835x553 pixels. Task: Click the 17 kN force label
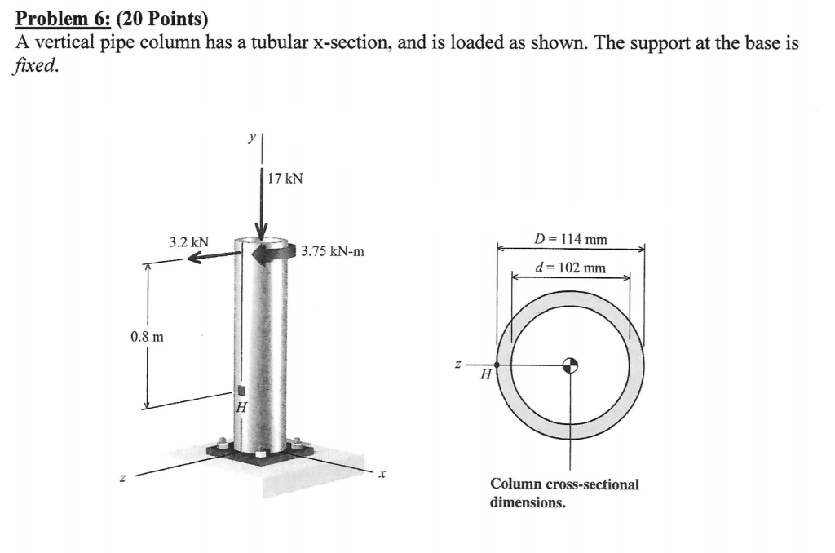pyautogui.click(x=285, y=178)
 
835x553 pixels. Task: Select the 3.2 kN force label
pyautogui.click(x=188, y=242)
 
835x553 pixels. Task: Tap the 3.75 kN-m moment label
pyautogui.click(x=333, y=251)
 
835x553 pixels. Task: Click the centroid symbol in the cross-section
pyautogui.click(x=571, y=365)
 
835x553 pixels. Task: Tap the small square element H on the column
pyautogui.click(x=241, y=389)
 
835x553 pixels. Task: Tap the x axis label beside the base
pyautogui.click(x=381, y=472)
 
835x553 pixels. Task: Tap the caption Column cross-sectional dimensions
pyautogui.click(x=564, y=493)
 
